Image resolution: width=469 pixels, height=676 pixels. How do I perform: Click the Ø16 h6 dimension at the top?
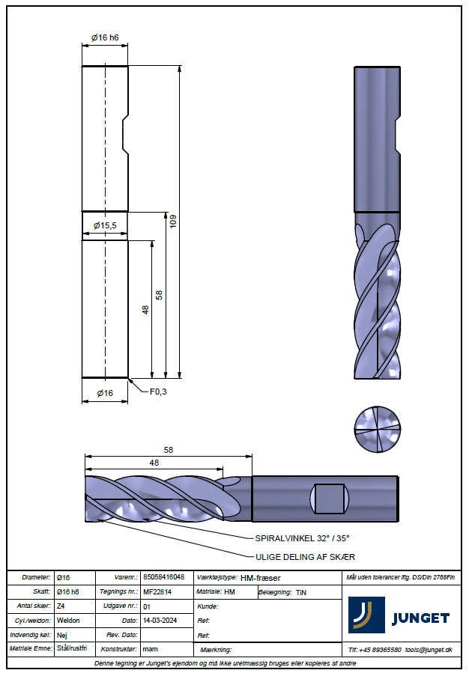pos(105,37)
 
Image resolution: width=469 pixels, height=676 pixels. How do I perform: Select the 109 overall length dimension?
pos(174,221)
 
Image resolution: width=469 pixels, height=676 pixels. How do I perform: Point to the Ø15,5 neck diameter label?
pos(106,225)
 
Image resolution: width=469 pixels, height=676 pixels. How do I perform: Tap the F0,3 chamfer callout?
pos(158,392)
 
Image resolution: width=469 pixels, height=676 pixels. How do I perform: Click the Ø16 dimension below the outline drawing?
pos(105,393)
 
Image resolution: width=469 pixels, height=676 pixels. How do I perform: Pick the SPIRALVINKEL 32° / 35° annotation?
pos(302,538)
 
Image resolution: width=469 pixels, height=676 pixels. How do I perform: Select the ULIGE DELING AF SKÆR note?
pos(305,557)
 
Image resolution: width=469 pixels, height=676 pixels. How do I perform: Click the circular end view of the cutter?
pos(377,429)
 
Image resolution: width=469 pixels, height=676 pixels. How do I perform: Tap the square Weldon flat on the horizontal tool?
pos(329,499)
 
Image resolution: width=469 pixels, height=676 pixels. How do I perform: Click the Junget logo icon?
pos(366,615)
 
